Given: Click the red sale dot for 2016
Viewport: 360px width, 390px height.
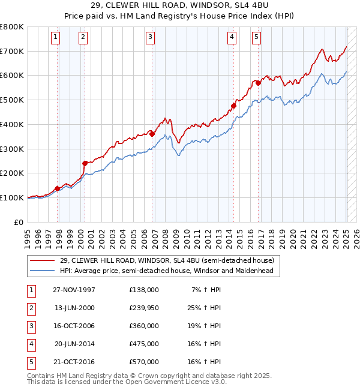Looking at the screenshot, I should coord(258,83).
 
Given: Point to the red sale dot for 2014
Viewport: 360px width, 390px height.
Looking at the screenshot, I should coord(233,106).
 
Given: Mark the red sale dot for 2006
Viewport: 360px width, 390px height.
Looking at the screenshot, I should coord(152,134).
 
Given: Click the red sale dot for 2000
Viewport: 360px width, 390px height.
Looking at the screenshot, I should coord(85,163).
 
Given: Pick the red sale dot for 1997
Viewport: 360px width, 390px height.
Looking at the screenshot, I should coord(58,188).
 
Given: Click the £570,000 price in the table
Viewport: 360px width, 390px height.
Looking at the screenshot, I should coord(144,361).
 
